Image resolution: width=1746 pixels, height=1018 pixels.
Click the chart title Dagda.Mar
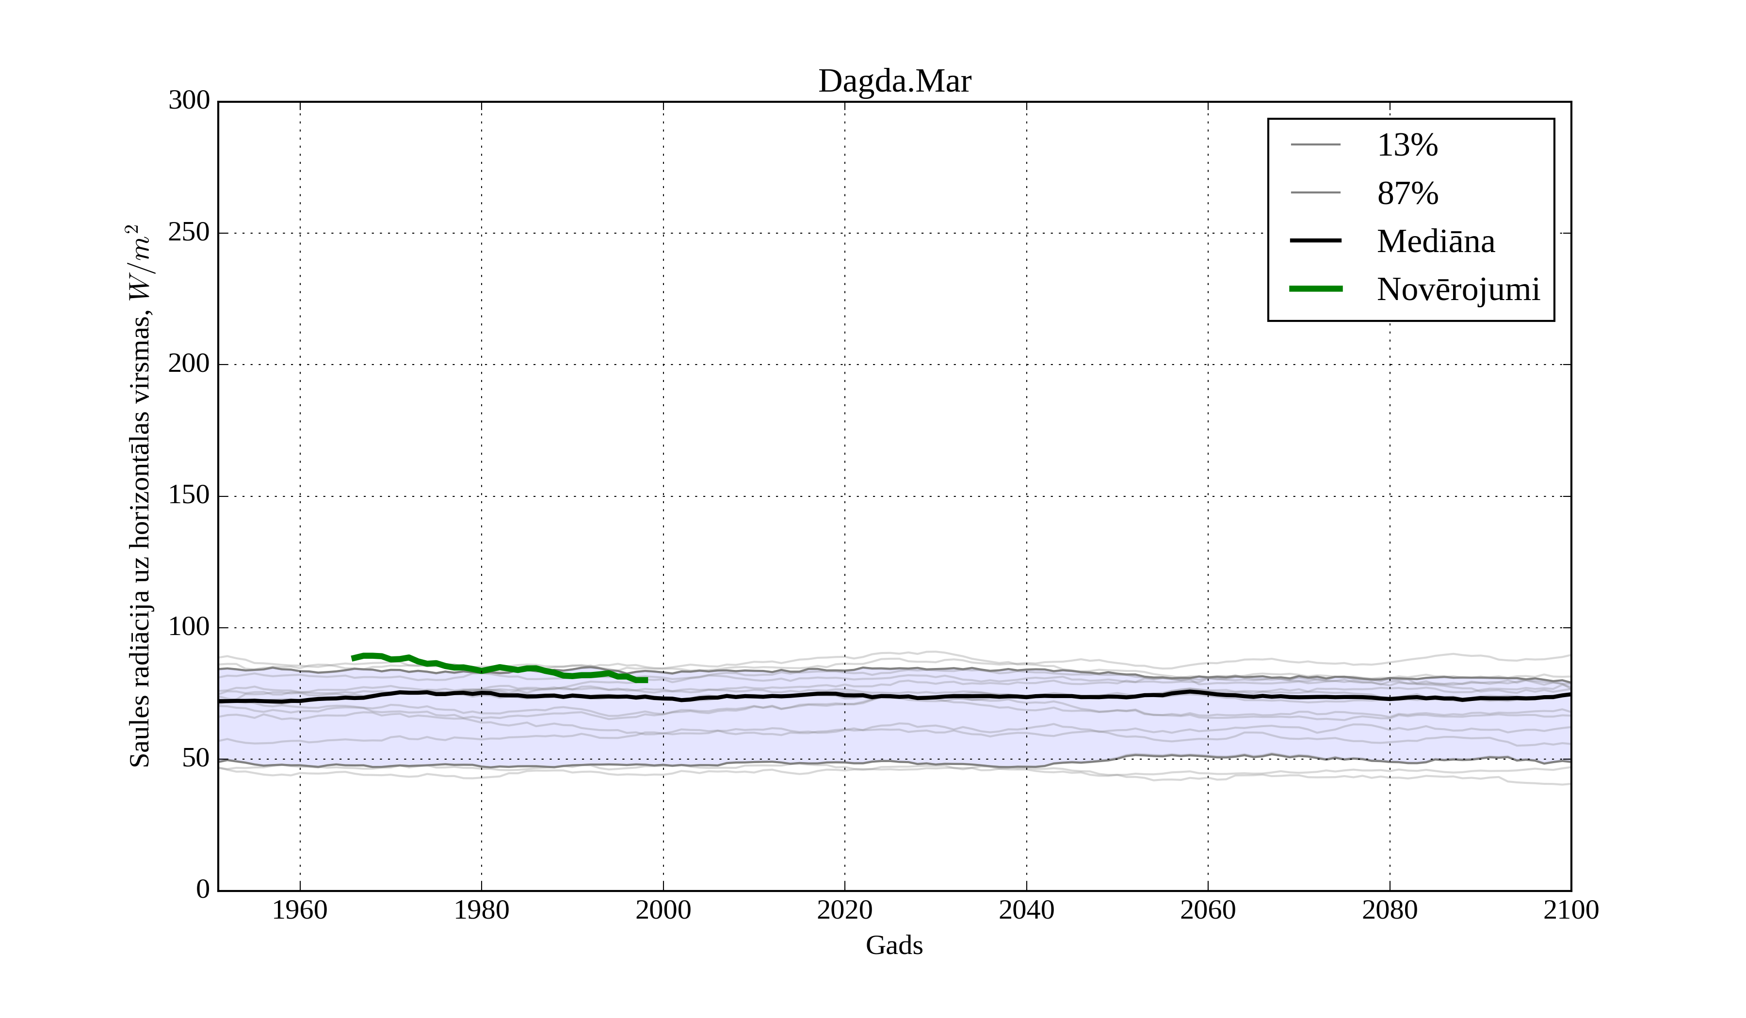tap(894, 82)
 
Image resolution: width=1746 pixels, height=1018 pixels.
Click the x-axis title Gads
tap(894, 945)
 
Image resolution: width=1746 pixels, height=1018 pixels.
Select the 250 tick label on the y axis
tap(189, 233)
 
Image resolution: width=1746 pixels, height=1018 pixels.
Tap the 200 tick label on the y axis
tap(189, 364)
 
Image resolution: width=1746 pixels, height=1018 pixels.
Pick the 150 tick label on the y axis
tap(189, 496)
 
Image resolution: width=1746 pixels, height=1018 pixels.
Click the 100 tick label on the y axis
tap(189, 627)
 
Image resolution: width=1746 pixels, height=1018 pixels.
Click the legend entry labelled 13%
tap(1407, 145)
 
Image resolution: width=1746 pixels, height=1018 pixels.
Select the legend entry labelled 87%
tap(1407, 193)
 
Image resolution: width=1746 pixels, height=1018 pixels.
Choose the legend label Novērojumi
tap(1458, 289)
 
